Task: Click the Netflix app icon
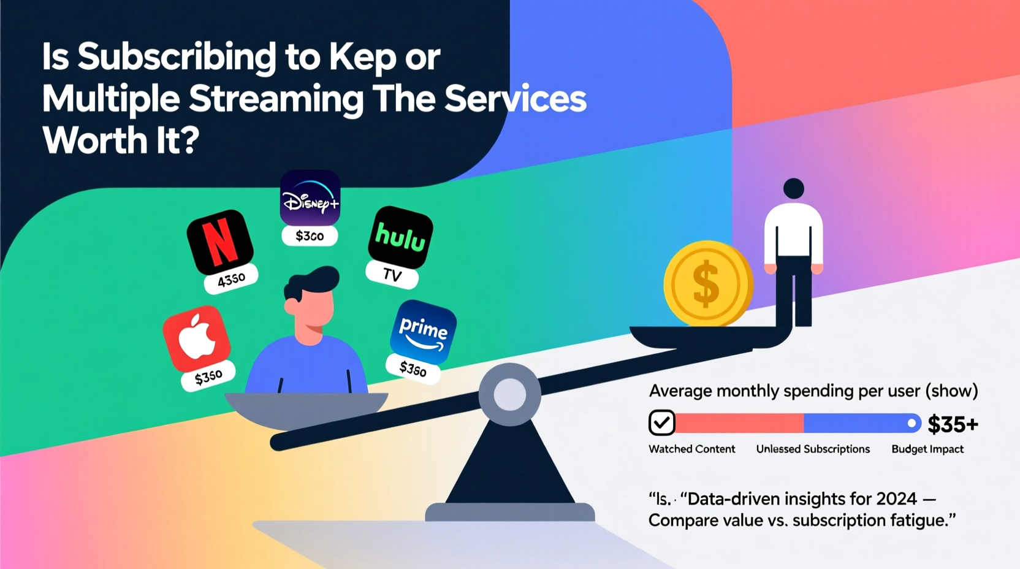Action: click(219, 242)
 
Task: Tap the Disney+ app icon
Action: click(310, 198)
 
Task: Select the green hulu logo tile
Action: click(400, 237)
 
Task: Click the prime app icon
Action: click(423, 332)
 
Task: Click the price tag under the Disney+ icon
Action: click(310, 236)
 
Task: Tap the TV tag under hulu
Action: click(392, 275)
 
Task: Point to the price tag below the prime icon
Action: click(413, 369)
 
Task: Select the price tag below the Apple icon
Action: click(208, 377)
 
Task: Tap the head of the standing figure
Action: click(794, 188)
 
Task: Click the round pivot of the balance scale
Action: click(509, 394)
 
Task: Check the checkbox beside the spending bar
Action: click(661, 422)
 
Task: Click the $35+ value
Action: click(953, 424)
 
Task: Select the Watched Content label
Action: click(691, 449)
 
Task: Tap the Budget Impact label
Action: click(927, 449)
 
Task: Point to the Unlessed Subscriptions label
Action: click(813, 449)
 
